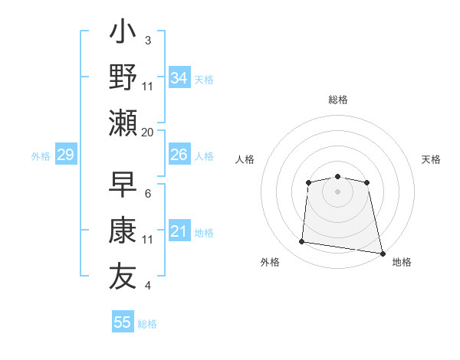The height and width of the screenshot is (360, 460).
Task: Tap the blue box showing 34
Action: (179, 78)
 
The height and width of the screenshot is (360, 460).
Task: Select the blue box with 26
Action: (179, 155)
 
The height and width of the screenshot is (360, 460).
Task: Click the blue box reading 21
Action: (179, 231)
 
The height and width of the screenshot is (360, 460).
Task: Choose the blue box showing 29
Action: (66, 155)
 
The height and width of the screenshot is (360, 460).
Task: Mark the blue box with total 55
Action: (123, 322)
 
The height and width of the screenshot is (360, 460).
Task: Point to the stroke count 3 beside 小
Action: (147, 40)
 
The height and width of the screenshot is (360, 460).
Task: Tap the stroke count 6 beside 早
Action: (147, 194)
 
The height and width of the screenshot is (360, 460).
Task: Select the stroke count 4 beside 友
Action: (147, 286)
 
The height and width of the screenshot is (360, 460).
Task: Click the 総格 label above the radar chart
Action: (337, 100)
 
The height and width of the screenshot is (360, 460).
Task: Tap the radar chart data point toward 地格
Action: (381, 252)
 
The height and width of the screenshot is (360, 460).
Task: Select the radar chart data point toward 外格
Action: (301, 242)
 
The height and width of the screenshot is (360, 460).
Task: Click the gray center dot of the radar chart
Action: (337, 191)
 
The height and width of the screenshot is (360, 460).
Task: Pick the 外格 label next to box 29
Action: (41, 156)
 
